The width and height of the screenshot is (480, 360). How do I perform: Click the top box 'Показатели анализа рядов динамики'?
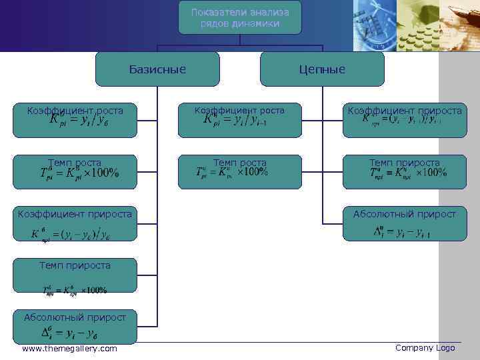pyautogui.click(x=239, y=17)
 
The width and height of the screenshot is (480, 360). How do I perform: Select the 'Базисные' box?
pyautogui.click(x=157, y=69)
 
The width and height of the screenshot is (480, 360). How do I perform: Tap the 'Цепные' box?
pyautogui.click(x=322, y=69)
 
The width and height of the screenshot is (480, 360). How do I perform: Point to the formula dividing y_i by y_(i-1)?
pyautogui.click(x=240, y=121)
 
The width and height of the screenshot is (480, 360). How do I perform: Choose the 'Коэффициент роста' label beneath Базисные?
pyautogui.click(x=75, y=109)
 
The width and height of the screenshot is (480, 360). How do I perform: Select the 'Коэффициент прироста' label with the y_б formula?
pyautogui.click(x=75, y=214)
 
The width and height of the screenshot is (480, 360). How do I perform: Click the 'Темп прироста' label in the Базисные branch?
pyautogui.click(x=75, y=265)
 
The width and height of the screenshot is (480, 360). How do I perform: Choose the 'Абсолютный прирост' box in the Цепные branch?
pyautogui.click(x=405, y=215)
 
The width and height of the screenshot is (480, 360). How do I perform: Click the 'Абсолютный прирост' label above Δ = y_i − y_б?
pyautogui.click(x=70, y=317)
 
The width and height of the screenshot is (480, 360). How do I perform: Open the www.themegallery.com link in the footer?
pyautogui.click(x=69, y=349)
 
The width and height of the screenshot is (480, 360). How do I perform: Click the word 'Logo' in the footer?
pyautogui.click(x=445, y=348)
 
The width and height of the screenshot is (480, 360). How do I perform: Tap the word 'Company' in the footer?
pyautogui.click(x=413, y=348)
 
